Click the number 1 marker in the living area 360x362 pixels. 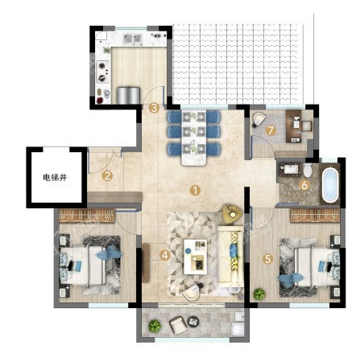pos(195,191)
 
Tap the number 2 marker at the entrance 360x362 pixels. pos(107,176)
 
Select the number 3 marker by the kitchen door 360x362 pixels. pos(154,109)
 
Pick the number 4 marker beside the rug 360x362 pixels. pos(165,255)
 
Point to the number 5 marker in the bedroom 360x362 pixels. pos(267,259)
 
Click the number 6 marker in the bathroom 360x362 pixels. pos(304,185)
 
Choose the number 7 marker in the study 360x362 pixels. pos(271,130)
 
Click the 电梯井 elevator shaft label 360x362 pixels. pos(55,178)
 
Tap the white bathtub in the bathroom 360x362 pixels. pos(330,185)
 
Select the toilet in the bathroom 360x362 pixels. pos(308,170)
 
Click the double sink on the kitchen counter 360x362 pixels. pos(133,39)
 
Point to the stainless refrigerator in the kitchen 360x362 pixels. pos(129,95)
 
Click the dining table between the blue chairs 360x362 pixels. pos(194,138)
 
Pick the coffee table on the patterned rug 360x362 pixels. pos(195,257)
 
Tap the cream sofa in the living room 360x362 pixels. pos(232,255)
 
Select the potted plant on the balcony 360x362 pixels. pos(155,326)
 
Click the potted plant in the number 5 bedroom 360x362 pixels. pos(259,294)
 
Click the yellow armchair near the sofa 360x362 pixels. pos(232,213)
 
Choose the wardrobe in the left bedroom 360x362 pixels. pos(87,216)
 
